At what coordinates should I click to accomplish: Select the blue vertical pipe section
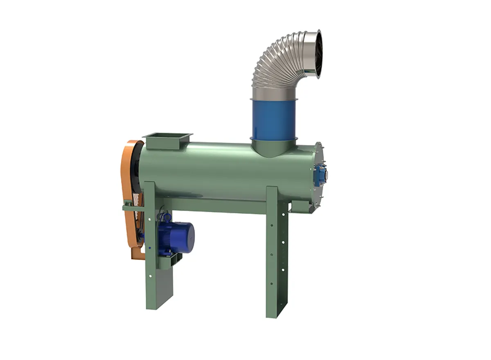[x=273, y=119]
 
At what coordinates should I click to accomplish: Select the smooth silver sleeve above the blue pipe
[x=273, y=93]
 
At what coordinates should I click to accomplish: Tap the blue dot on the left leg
[x=150, y=248]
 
